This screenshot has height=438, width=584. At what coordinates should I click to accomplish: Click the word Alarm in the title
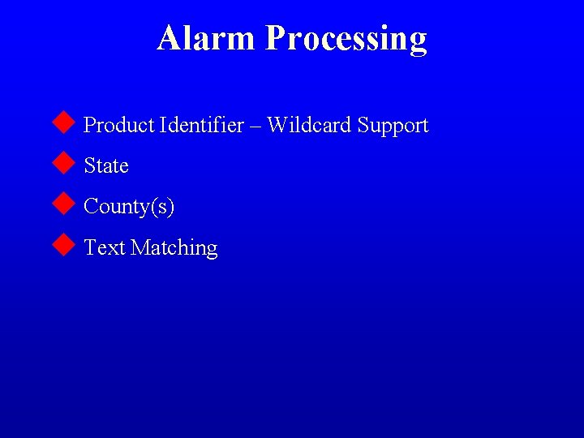208,37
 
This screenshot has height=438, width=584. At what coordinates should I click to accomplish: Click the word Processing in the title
346,39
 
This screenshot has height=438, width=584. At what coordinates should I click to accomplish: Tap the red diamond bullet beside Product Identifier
63,123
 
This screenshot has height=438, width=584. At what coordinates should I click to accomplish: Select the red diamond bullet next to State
63,164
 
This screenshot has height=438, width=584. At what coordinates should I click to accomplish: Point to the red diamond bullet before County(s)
63,204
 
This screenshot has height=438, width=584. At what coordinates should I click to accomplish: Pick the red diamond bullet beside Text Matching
63,245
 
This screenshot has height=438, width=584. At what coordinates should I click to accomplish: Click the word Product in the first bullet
119,126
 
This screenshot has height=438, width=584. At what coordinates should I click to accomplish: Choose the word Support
393,127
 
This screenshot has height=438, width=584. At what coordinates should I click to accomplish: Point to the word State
106,166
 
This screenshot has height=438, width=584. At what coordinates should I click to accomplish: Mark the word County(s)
129,208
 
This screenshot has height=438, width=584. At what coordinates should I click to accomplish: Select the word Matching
174,248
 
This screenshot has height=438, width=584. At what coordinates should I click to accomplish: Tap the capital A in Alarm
169,37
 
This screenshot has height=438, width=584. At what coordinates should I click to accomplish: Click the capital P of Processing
275,37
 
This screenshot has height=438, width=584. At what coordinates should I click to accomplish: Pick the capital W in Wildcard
277,126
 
